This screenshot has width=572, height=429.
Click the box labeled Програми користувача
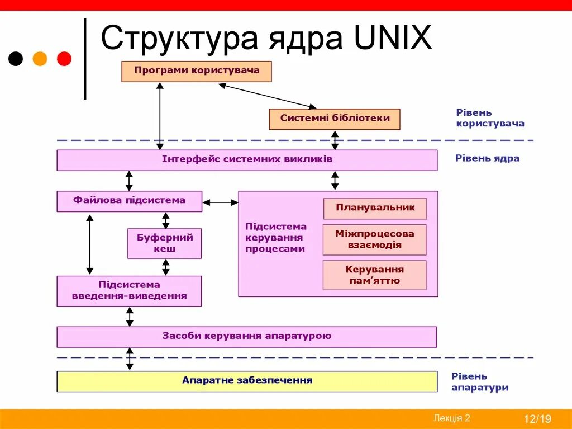pyautogui.click(x=197, y=71)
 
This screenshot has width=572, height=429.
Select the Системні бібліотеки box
pyautogui.click(x=335, y=119)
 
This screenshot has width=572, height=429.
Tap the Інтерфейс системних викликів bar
pyautogui.click(x=247, y=159)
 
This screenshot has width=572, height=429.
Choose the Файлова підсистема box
pyautogui.click(x=129, y=201)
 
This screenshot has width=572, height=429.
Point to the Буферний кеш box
pyautogui.click(x=164, y=243)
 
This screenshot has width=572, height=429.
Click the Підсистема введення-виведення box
pyautogui.click(x=129, y=290)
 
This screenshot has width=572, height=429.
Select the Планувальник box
pyautogui.click(x=375, y=208)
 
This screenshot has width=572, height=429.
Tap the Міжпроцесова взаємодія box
pyautogui.click(x=375, y=239)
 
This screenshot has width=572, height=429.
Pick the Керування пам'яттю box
pyautogui.click(x=374, y=275)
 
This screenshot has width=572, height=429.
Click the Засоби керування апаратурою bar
pyautogui.click(x=247, y=337)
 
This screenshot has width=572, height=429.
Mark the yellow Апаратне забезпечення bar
pyautogui.click(x=247, y=381)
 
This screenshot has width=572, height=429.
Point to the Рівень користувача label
pyautogui.click(x=490, y=118)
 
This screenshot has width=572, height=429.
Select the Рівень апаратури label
pyautogui.click(x=480, y=382)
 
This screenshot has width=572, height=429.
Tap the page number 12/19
pyautogui.click(x=537, y=419)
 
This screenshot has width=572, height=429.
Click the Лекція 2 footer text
pyautogui.click(x=451, y=418)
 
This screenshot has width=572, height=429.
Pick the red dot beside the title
pyautogui.click(x=64, y=59)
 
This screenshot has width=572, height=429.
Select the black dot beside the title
pyautogui.click(x=16, y=59)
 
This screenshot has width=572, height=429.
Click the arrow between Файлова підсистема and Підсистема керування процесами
pyautogui.click(x=220, y=202)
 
